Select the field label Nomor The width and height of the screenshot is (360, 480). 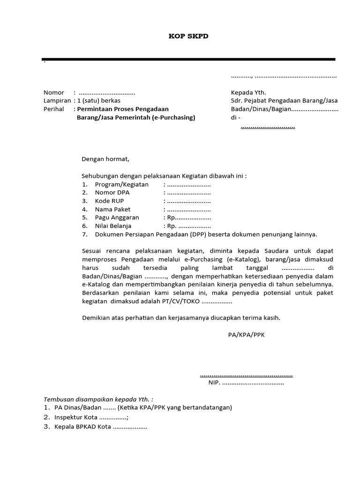(54, 92)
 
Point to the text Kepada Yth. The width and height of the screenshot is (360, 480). (248, 92)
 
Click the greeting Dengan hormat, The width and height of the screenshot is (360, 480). (105, 159)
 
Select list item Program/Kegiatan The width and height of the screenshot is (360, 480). (121, 184)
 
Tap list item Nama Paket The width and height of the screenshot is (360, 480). (112, 210)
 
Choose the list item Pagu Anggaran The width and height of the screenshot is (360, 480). (117, 218)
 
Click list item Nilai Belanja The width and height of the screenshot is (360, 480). (113, 226)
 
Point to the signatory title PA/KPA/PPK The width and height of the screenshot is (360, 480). (247, 335)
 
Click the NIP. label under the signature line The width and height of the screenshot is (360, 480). (215, 382)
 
